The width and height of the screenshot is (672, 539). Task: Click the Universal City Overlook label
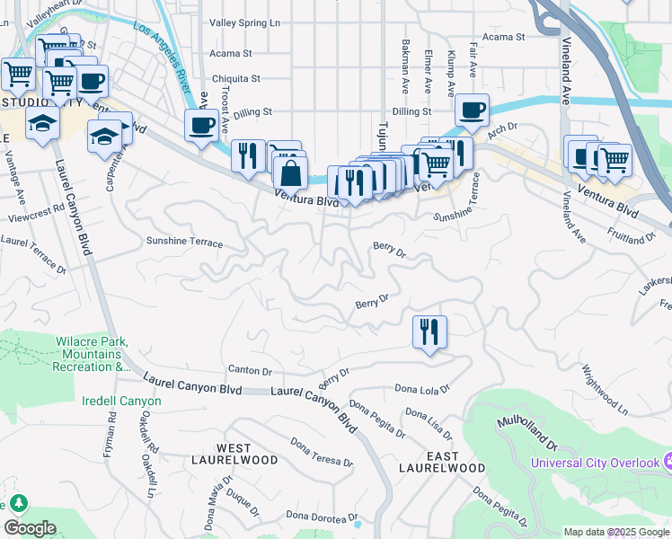595,463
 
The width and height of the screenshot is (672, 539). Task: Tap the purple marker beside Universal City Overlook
668,462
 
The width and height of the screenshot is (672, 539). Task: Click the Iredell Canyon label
121,401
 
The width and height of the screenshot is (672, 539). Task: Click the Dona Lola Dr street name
421,389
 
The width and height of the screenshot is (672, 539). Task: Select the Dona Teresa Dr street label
321,451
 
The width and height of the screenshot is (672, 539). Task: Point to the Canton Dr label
250,370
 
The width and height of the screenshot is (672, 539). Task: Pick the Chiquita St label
234,79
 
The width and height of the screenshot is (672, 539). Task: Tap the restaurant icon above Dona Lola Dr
429,331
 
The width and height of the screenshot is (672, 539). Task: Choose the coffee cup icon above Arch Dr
472,110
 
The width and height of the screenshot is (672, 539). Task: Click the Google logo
30,528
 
